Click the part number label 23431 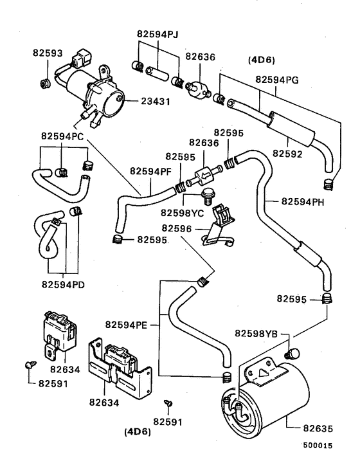click(156, 102)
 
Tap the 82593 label click(48, 53)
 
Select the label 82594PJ click(157, 34)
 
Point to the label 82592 click(287, 154)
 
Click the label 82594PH click(303, 201)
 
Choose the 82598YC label click(183, 213)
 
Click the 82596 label click(177, 228)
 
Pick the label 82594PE click(126, 325)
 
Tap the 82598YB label click(256, 334)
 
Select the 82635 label click(318, 428)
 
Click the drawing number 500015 click(318, 445)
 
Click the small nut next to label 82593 click(45, 84)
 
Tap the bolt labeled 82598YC click(206, 195)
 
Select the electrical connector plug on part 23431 click(81, 58)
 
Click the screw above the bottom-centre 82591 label click(168, 403)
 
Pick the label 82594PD click(63, 284)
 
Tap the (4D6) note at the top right click(262, 60)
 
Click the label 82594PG click(276, 80)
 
